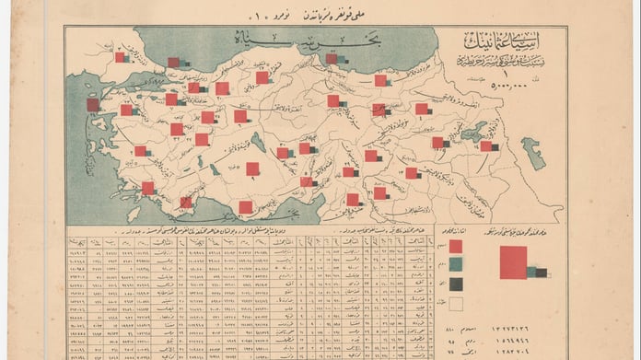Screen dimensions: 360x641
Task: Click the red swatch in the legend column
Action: tap(456, 246)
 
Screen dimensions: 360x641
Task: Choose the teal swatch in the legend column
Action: tap(456, 265)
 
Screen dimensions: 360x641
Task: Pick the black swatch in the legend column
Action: tap(456, 284)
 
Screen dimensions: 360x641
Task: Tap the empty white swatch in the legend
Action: tap(456, 303)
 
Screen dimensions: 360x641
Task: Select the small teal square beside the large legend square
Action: tap(531, 271)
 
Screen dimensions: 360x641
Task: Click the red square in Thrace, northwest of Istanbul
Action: tap(120, 57)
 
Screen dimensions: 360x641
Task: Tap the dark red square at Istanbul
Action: tap(174, 63)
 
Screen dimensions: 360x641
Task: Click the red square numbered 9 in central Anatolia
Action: tap(252, 168)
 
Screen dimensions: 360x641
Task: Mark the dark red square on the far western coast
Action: tap(93, 105)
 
